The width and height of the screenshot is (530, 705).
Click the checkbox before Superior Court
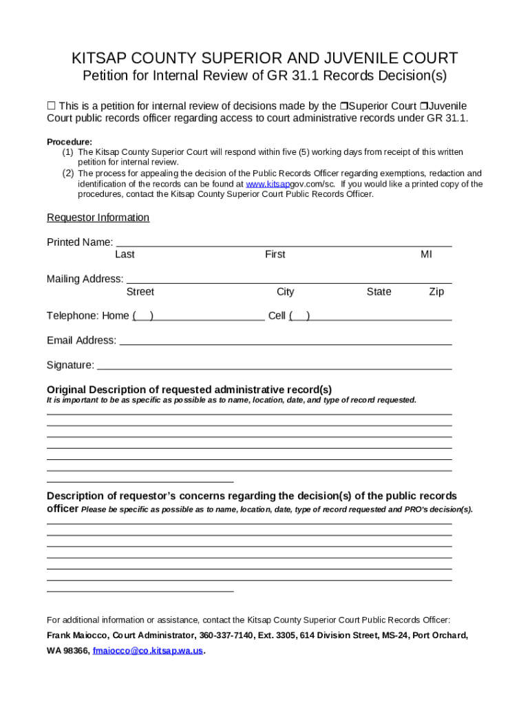tap(342, 106)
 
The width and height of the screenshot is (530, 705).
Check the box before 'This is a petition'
tap(50, 106)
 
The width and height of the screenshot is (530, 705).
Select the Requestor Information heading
tap(98, 218)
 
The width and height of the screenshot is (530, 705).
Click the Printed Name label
tap(79, 242)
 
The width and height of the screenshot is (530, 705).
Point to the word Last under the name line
tap(125, 255)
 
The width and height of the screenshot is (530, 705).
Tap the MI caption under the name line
tap(426, 255)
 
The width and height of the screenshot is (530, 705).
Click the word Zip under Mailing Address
tap(436, 292)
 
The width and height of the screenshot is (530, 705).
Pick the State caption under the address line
tap(379, 292)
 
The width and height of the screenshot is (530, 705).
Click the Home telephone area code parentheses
tap(142, 316)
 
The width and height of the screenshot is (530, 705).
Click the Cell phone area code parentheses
tap(299, 316)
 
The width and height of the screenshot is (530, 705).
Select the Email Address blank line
tap(285, 341)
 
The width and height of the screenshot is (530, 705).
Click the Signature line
tap(274, 366)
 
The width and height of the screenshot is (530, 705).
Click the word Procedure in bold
tap(69, 142)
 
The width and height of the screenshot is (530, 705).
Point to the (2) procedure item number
tap(68, 173)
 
